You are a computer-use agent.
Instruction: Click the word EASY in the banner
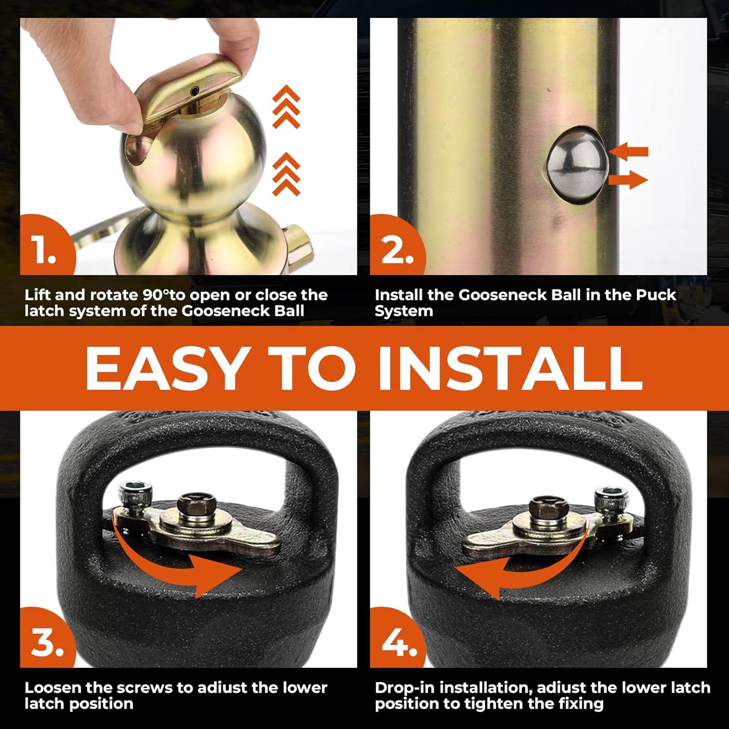165,368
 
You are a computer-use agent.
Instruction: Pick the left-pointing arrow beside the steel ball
629,152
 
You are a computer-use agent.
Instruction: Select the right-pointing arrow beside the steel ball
628,180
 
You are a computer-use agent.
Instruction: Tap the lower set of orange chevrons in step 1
286,174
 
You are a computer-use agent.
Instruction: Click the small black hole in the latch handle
194,91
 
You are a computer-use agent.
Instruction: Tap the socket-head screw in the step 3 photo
133,494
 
